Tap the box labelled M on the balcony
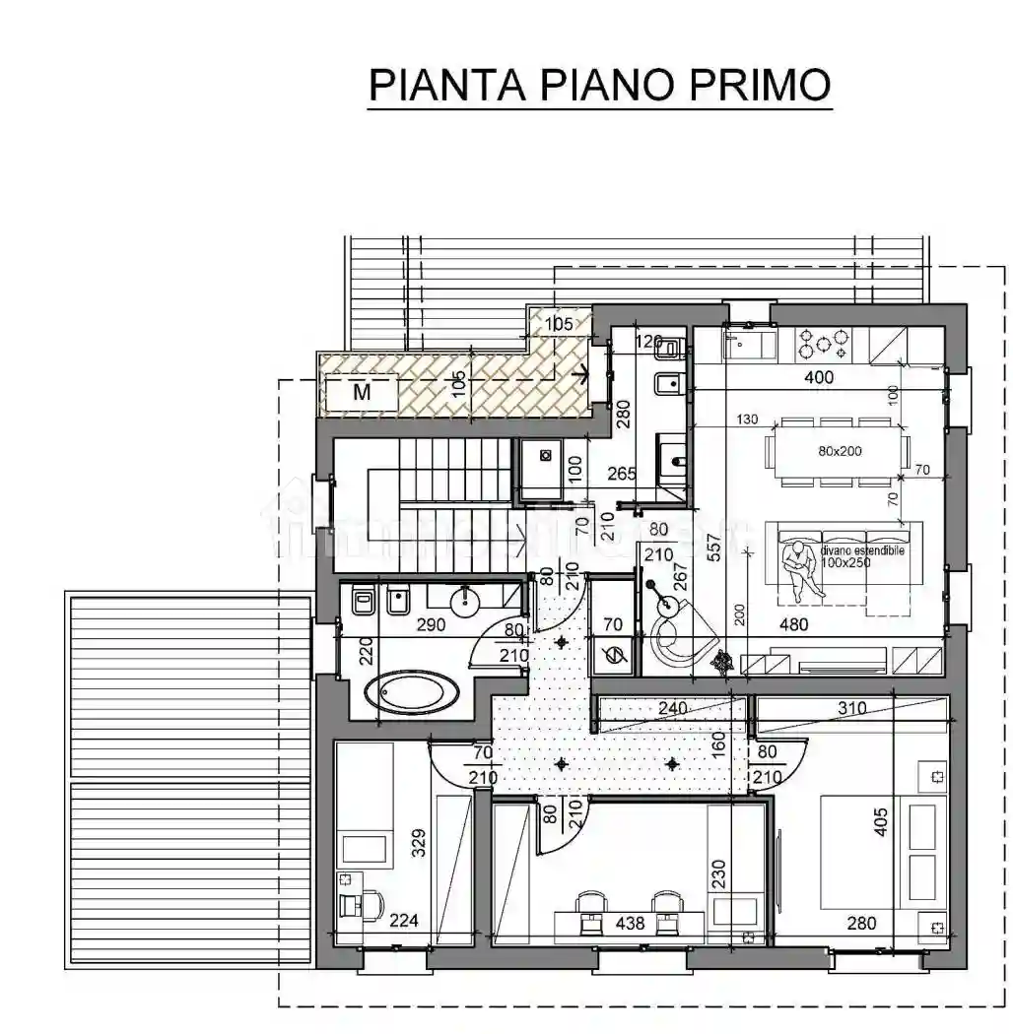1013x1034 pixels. coord(362,392)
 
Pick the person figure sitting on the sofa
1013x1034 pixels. coord(800,569)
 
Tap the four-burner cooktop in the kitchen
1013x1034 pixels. coord(824,342)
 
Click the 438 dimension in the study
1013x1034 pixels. coord(630,924)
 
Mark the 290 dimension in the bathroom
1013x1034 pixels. coord(431,624)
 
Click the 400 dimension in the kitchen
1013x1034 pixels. coord(818,377)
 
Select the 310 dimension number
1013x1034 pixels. coord(851,708)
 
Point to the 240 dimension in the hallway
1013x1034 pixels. coord(672,708)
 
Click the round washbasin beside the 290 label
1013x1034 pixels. coord(464,598)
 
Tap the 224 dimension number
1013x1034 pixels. coord(403,922)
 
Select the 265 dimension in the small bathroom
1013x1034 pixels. coord(621,474)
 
